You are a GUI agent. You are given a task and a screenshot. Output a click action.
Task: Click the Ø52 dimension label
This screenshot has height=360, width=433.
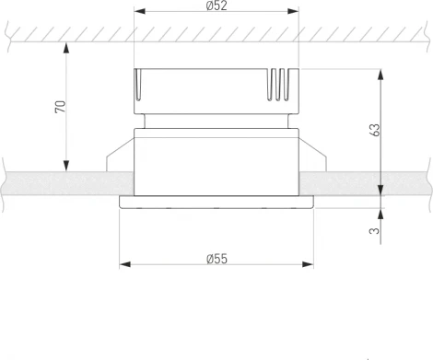217,6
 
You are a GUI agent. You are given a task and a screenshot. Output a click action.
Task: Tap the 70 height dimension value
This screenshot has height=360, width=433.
60,107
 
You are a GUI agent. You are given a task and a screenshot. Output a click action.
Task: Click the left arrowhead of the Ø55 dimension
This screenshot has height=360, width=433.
125,265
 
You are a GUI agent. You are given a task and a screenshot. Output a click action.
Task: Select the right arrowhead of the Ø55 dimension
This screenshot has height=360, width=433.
309,265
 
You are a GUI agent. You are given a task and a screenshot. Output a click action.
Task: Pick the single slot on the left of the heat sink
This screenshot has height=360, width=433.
141,87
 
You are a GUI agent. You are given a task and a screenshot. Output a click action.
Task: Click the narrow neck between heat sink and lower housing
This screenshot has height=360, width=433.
217,120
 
